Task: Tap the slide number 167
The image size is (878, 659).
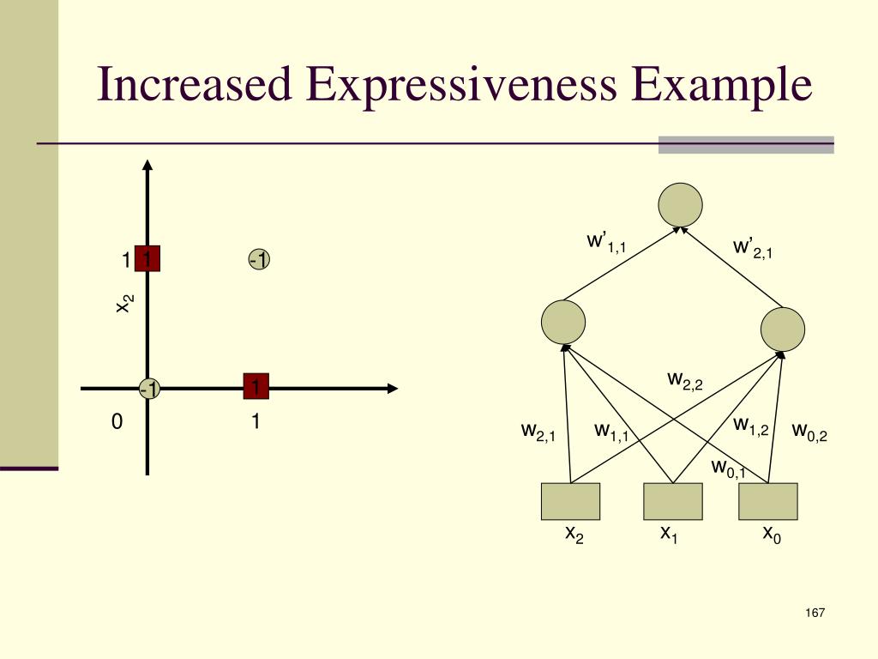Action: tap(815, 613)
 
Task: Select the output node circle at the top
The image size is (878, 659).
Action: tap(680, 205)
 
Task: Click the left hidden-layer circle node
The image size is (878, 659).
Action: tap(563, 323)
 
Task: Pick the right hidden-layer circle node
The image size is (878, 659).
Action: tap(783, 328)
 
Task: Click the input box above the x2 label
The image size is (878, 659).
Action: tap(570, 501)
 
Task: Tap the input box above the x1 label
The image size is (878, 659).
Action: tap(672, 501)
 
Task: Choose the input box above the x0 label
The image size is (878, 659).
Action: tap(767, 501)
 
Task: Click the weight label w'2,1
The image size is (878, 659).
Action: tap(752, 249)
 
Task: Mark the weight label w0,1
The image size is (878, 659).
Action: tap(728, 469)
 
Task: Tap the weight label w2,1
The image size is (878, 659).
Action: tap(538, 432)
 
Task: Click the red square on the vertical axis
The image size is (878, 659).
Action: tap(147, 259)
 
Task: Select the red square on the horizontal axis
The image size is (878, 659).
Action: tap(256, 388)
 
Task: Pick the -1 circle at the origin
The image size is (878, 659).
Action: tap(150, 389)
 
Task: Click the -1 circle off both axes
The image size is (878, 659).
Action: tap(259, 259)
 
